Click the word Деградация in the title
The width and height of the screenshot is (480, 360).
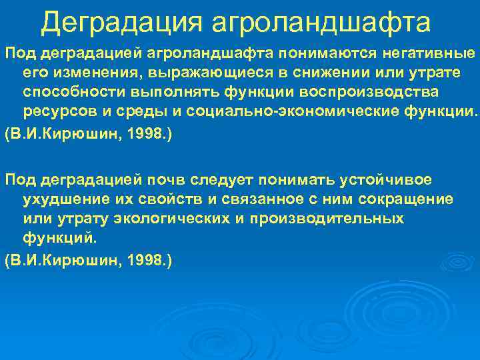click(x=121, y=22)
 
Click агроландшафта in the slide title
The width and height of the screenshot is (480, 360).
click(x=321, y=22)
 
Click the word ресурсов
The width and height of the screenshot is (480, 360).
click(x=55, y=109)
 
